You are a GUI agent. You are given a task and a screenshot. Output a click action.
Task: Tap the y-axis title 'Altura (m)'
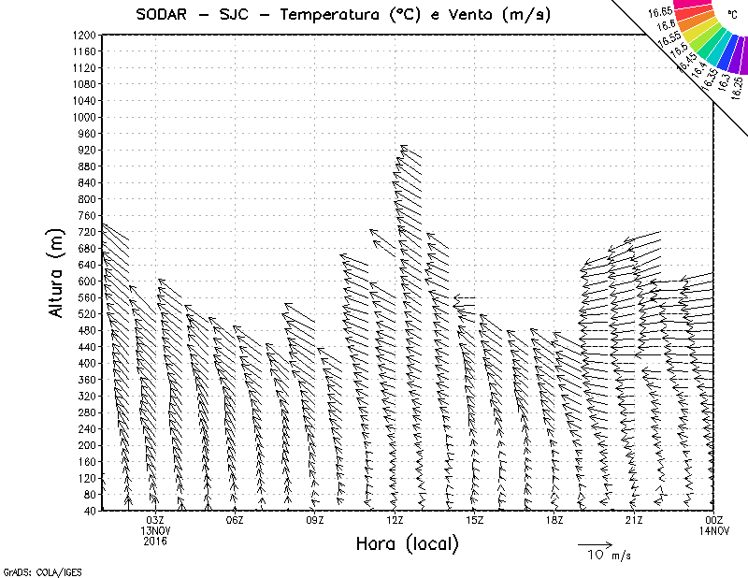[x=58, y=272]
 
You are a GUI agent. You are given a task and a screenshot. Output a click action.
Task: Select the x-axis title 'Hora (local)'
[x=408, y=543]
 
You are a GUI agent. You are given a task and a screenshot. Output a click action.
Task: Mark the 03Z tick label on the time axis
[x=155, y=520]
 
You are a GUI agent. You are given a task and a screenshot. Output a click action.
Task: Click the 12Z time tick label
[x=396, y=520]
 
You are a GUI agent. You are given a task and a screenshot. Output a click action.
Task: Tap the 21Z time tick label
[x=635, y=520]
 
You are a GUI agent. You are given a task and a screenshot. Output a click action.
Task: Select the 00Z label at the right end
[x=714, y=520]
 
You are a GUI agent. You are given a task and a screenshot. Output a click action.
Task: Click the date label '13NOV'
[x=155, y=530]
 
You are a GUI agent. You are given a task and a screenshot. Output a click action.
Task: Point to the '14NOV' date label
[x=714, y=530]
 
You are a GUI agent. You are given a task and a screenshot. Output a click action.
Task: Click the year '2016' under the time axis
[x=155, y=541]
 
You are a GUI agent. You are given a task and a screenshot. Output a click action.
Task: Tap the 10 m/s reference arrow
[x=594, y=543]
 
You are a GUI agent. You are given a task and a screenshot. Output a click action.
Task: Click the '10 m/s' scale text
[x=608, y=556]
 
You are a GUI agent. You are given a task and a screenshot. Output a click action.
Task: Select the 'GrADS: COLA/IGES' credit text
[x=30, y=570]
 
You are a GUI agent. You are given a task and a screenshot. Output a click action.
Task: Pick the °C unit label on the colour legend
[x=733, y=15]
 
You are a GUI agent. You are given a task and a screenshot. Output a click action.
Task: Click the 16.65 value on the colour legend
[x=660, y=11]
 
